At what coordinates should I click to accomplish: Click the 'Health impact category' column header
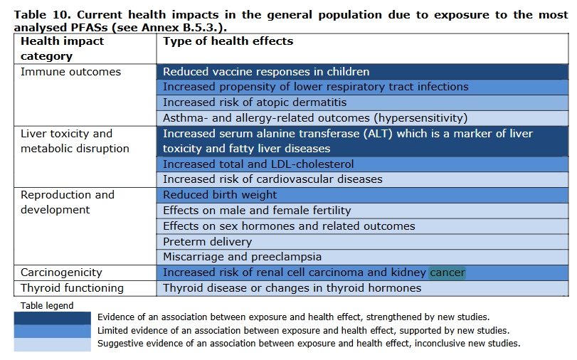[62, 48]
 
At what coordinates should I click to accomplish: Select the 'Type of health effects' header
[228, 41]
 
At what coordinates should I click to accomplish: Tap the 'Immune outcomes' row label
[70, 72]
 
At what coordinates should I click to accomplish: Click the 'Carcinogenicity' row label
[61, 272]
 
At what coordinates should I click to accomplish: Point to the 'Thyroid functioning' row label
[72, 288]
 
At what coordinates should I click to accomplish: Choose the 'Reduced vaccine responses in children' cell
[266, 72]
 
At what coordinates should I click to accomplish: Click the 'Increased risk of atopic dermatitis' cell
[255, 102]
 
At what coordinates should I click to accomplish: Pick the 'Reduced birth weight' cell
[220, 195]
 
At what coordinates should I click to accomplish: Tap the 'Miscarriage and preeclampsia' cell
[242, 257]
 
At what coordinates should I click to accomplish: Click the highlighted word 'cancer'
[448, 272]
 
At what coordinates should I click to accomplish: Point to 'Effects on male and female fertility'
[257, 211]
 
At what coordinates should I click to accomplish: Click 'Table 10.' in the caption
[43, 15]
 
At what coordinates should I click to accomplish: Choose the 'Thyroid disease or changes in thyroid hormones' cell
[292, 288]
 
